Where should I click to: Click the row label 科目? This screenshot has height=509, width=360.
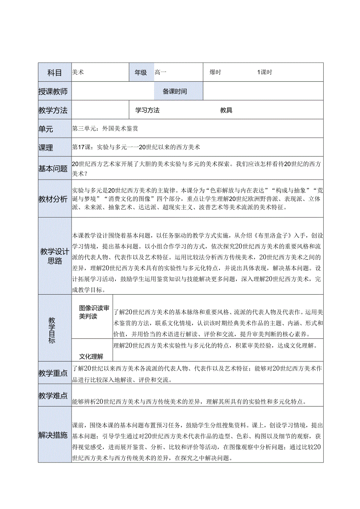pos(54,72)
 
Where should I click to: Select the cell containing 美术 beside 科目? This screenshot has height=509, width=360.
pos(78,72)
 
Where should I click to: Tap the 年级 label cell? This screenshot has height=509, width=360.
pos(141,72)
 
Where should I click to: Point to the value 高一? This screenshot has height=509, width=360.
pos(160,72)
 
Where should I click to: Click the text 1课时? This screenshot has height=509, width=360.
pos(265,72)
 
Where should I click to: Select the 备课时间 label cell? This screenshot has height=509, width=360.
pos(175,92)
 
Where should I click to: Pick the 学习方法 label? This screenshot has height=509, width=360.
pos(148,110)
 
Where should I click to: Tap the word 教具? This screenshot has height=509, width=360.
pos(226,110)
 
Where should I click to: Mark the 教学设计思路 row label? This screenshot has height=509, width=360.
pos(54,256)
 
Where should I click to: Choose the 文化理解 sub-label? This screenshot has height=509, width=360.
pos(91,356)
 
